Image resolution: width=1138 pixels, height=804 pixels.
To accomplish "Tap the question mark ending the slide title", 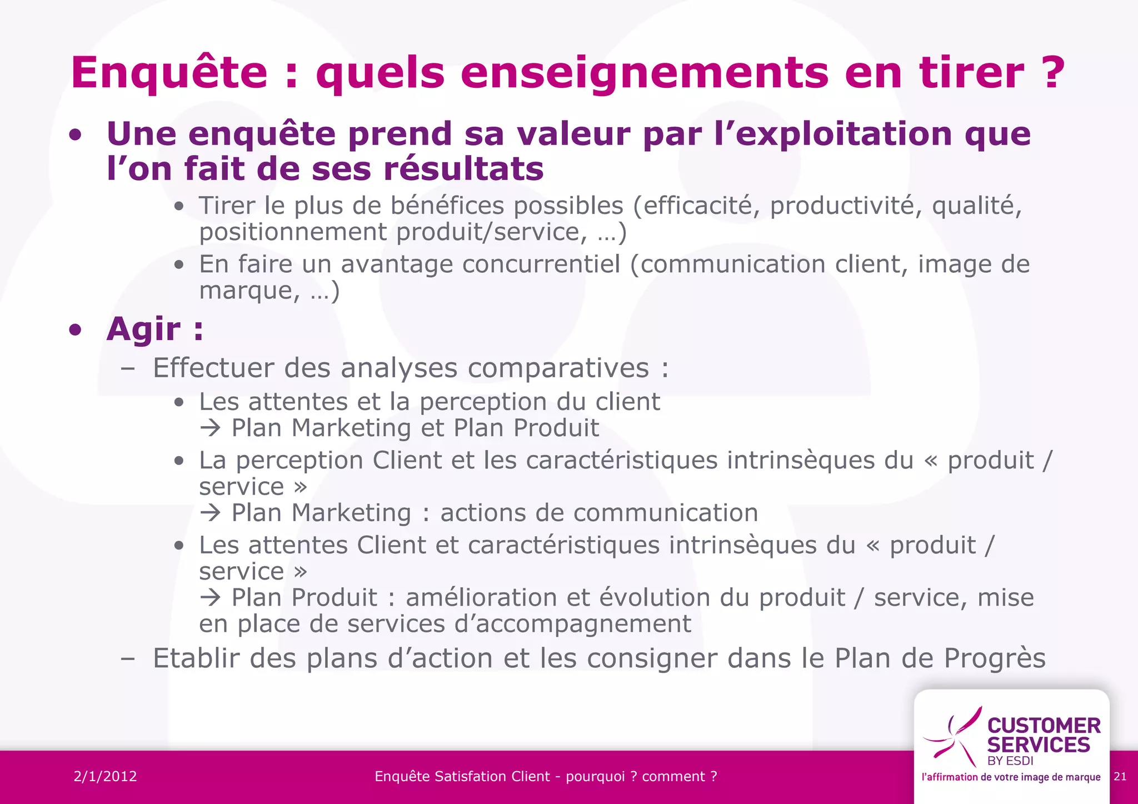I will tap(1051, 72).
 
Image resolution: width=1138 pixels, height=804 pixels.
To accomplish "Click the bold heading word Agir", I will tap(143, 329).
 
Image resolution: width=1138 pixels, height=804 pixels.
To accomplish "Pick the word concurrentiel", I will tap(541, 264).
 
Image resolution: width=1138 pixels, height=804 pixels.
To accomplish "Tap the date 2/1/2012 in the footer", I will tap(106, 776).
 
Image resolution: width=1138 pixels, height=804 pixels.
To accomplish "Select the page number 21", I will tap(1120, 776).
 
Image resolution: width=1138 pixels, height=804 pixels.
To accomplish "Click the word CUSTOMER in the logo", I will tap(1044, 726).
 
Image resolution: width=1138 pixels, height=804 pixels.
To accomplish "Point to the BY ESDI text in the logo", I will tap(1010, 761).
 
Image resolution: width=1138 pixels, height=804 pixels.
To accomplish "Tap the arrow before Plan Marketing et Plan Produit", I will tap(211, 428).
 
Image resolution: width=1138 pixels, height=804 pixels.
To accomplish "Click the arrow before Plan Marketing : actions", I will tap(211, 513).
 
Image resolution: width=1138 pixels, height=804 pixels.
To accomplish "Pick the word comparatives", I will tap(558, 368).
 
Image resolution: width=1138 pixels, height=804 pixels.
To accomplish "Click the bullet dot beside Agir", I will tap(76, 330).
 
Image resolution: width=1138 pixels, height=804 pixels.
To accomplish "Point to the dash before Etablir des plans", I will tap(128, 659).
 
